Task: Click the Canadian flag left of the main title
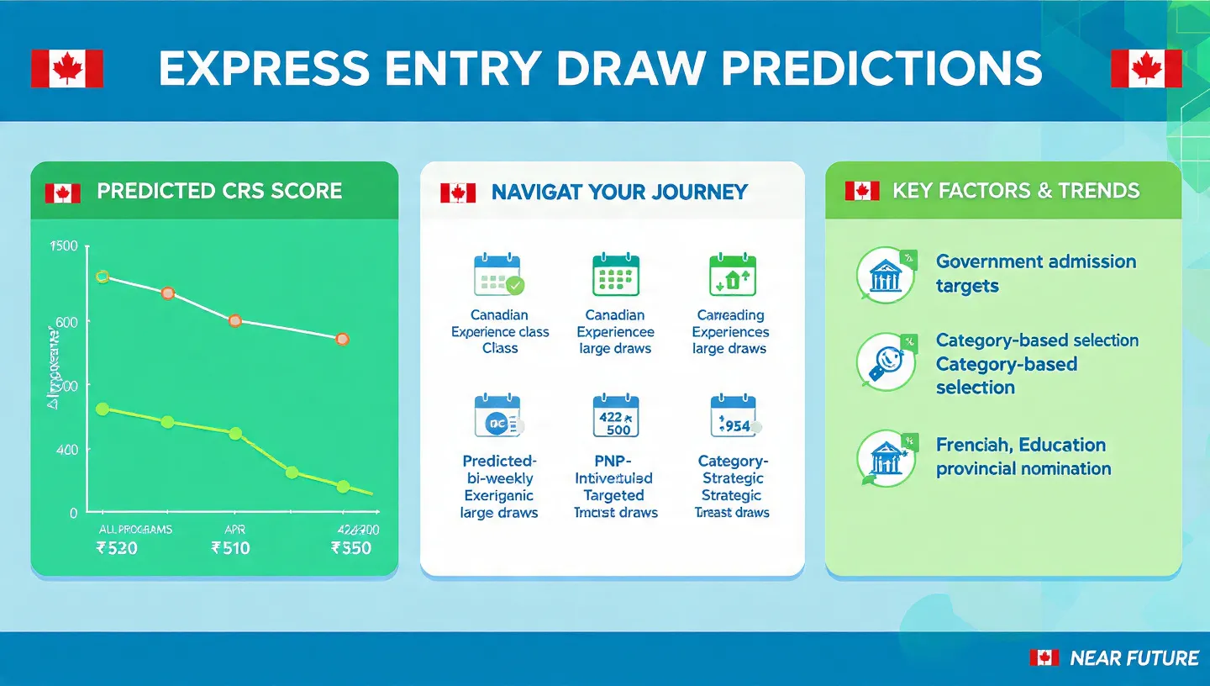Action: pos(67,68)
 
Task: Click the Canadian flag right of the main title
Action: pos(1145,68)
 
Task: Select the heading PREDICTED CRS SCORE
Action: pos(219,191)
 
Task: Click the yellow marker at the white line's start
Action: pos(103,277)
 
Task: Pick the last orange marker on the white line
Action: pos(342,339)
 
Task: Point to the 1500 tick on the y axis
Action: pos(64,246)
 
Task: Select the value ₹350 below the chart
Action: pos(351,549)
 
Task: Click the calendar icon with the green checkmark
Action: pos(498,275)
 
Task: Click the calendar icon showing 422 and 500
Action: pos(616,416)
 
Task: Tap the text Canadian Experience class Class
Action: pos(500,331)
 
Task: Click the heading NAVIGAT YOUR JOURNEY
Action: pos(618,192)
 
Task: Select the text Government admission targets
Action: pos(1035,273)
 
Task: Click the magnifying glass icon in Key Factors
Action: pos(885,362)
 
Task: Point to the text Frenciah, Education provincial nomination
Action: pos(1023,456)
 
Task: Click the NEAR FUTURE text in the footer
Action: pos(1134,658)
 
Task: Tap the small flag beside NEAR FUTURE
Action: pos(1044,658)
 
